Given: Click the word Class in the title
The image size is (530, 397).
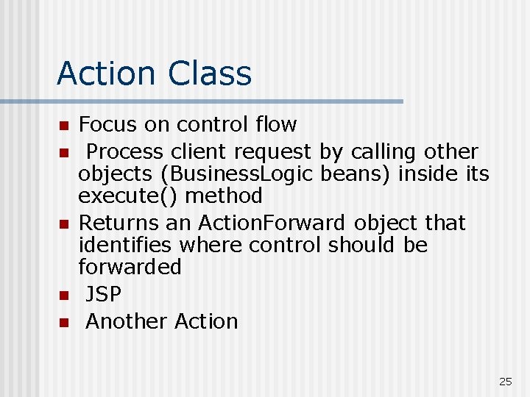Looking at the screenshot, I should (210, 74).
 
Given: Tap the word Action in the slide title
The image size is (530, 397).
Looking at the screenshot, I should (107, 74).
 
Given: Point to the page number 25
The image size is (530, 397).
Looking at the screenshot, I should (505, 381).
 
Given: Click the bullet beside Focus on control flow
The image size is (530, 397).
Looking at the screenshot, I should (64, 126).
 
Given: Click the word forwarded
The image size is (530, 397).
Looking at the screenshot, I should (130, 266).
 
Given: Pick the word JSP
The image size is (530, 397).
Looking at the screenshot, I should (103, 294).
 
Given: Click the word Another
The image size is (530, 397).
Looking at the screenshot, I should (127, 321).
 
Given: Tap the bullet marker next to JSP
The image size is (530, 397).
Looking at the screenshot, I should (64, 296).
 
